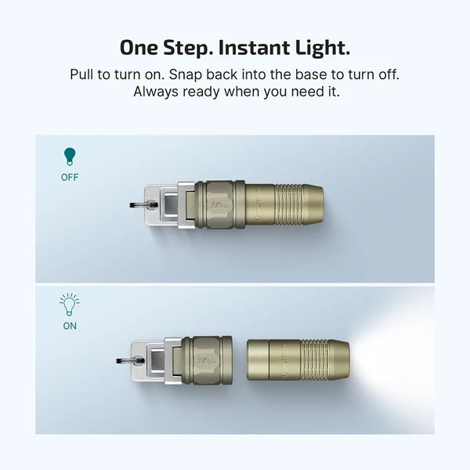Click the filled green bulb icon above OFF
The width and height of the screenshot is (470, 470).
(70, 157)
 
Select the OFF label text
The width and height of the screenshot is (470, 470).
(70, 177)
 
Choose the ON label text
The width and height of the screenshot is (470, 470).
(70, 326)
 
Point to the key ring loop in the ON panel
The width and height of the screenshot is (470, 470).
(123, 360)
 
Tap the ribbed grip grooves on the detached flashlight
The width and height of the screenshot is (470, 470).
(313, 360)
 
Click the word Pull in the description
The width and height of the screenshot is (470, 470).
(82, 74)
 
